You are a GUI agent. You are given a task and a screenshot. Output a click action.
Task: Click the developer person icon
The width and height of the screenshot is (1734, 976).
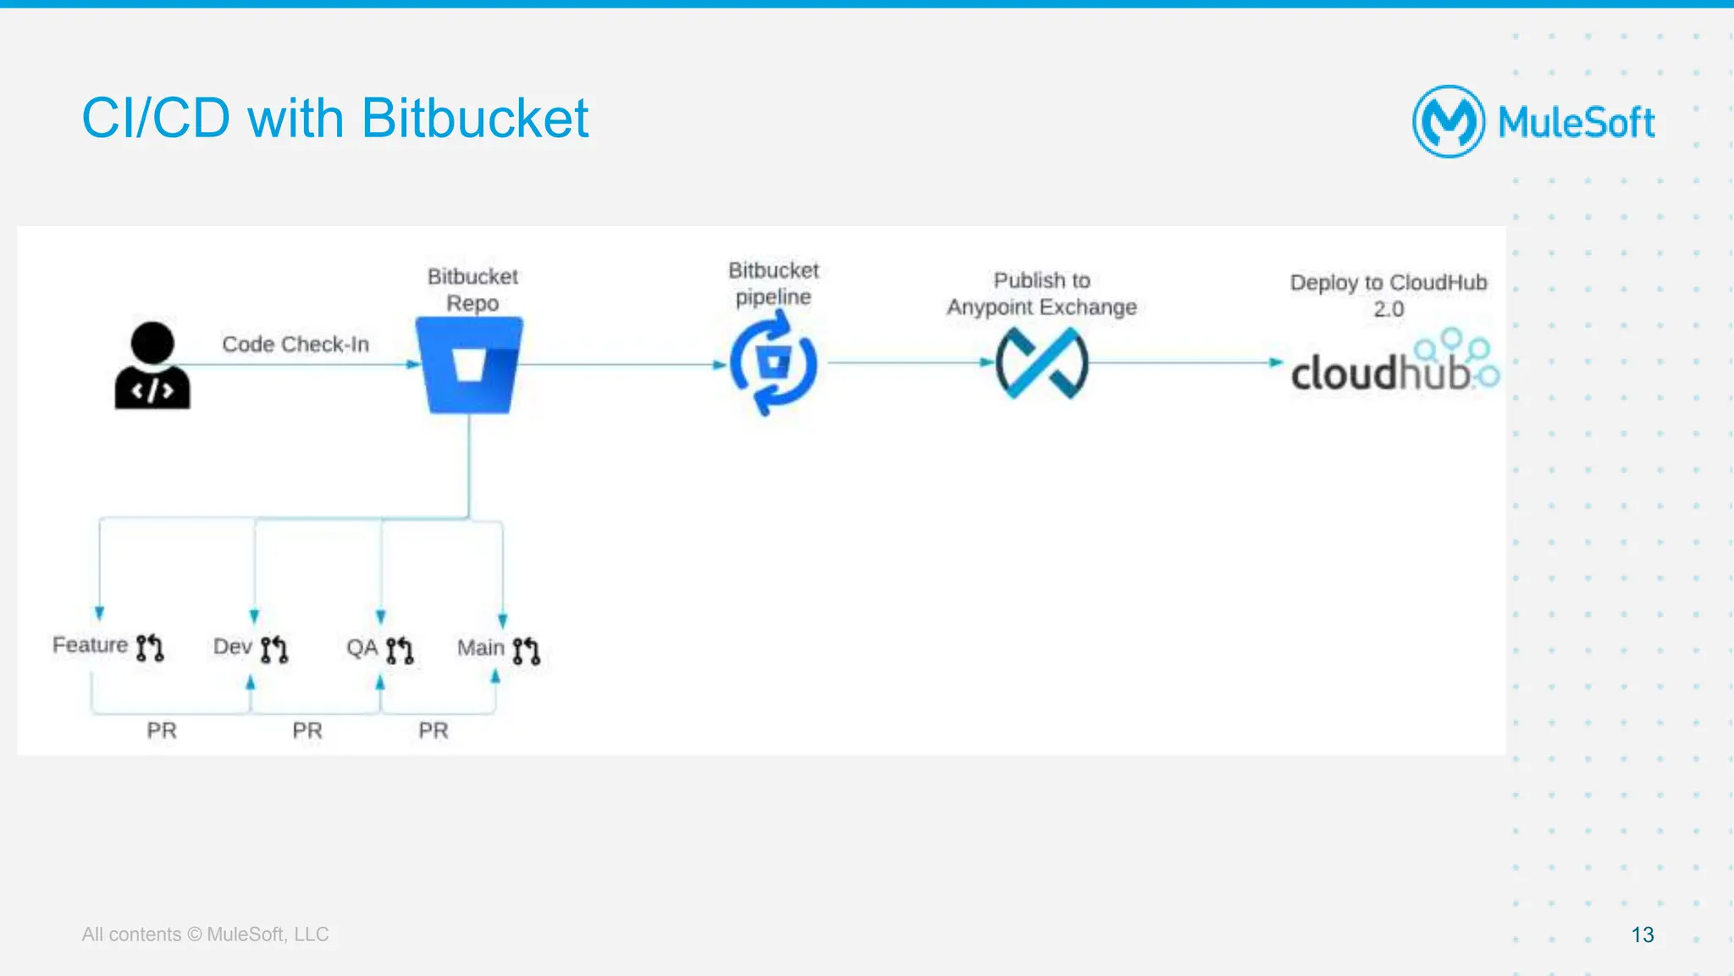(152, 366)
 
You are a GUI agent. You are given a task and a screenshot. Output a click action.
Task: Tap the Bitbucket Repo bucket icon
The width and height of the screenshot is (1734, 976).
(470, 365)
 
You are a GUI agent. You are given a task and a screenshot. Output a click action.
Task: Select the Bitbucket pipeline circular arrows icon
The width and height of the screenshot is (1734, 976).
(773, 363)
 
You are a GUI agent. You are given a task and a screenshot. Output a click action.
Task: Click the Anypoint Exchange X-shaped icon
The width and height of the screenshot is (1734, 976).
(1041, 363)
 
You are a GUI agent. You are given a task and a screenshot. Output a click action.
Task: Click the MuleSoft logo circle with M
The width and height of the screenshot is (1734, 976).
(1448, 121)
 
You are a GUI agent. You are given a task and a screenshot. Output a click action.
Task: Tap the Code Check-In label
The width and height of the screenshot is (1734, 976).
(295, 344)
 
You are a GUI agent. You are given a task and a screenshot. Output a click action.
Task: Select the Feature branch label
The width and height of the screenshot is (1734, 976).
(90, 646)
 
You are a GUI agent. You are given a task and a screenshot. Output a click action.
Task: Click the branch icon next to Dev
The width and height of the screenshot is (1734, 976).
(274, 649)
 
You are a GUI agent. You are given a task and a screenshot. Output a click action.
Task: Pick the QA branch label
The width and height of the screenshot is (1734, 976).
(362, 648)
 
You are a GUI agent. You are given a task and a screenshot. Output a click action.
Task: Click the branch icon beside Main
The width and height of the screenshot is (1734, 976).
(526, 650)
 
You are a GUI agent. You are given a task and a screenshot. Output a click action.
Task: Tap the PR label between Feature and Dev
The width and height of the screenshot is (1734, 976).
(162, 730)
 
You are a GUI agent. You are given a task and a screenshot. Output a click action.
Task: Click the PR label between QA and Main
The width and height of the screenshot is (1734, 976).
(433, 730)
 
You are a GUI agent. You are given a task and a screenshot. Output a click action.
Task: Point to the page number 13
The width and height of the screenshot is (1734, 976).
(1642, 934)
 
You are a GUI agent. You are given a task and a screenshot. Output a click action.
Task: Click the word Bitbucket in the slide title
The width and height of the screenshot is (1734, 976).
(474, 118)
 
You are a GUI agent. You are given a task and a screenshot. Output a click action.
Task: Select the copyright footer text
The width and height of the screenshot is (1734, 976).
(205, 934)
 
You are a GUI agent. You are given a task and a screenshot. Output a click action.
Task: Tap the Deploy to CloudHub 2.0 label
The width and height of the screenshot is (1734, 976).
(1389, 295)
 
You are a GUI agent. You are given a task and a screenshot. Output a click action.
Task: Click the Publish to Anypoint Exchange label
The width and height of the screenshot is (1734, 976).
(1041, 293)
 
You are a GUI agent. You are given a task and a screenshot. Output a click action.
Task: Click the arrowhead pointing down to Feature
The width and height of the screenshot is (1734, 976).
(100, 613)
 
